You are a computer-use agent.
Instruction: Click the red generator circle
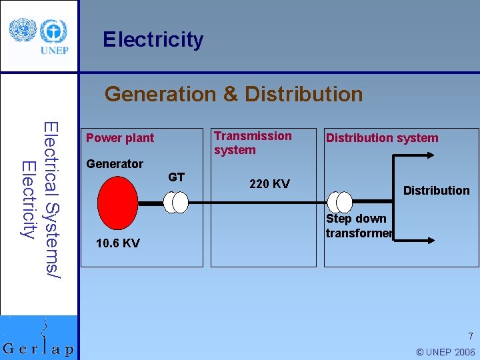click(x=117, y=201)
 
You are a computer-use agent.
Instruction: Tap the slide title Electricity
click(x=153, y=40)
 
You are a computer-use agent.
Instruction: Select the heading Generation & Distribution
click(x=233, y=94)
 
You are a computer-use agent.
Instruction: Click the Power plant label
click(x=120, y=138)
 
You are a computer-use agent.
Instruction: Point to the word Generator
click(x=115, y=163)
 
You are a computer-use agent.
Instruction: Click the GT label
click(x=176, y=177)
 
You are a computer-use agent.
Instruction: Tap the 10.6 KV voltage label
click(x=117, y=243)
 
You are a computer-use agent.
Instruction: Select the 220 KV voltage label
click(x=269, y=184)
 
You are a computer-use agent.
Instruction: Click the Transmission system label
click(x=253, y=143)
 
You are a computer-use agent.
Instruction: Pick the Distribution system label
click(x=382, y=138)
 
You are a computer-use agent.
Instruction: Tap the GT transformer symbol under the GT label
click(x=177, y=202)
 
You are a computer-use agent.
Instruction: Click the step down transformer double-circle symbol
click(x=339, y=201)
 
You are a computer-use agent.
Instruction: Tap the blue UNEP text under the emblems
click(x=55, y=51)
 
